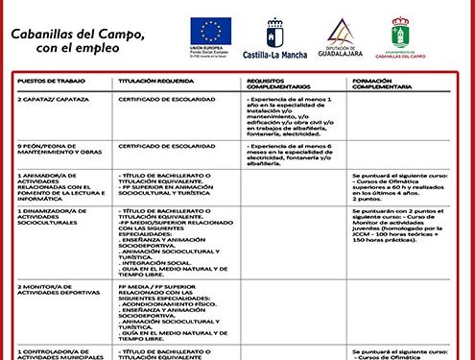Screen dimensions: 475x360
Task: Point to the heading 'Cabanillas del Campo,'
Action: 78,34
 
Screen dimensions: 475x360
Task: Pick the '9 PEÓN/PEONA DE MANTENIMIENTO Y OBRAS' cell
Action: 60,149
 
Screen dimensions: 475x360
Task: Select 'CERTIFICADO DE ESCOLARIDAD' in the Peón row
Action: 162,146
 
